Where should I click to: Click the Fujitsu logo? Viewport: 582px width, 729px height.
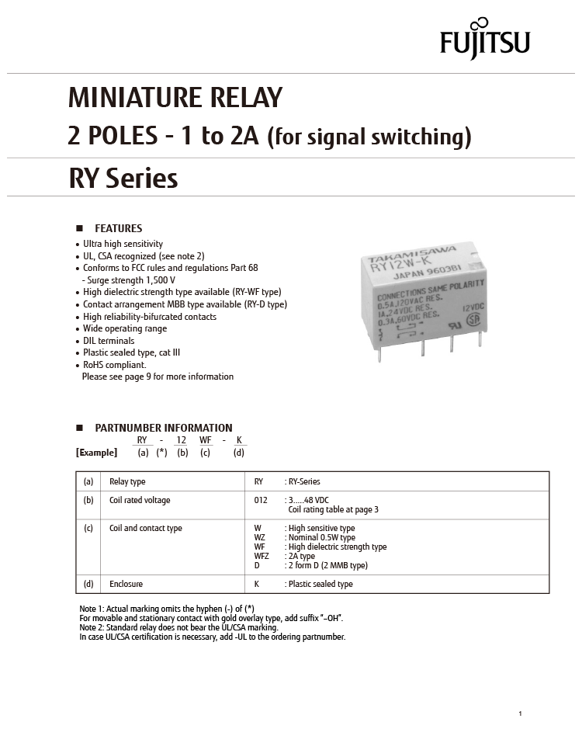tap(484, 39)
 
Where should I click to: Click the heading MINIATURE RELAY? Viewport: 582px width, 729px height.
tap(175, 99)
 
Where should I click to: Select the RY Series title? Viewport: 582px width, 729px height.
tap(123, 179)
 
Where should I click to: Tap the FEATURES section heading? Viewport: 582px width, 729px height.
tap(118, 228)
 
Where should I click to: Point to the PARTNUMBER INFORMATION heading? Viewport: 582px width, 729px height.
tap(163, 428)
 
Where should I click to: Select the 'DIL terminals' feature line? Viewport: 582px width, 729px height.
tap(109, 341)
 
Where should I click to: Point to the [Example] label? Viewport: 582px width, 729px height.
tap(96, 453)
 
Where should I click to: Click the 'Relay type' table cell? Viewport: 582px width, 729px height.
tap(127, 481)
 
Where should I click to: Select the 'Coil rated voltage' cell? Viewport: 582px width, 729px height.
tap(140, 500)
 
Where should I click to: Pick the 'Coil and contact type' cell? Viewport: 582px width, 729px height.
tap(146, 528)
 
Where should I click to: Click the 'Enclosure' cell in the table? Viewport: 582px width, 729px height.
tap(126, 584)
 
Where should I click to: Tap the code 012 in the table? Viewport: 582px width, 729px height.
tap(261, 500)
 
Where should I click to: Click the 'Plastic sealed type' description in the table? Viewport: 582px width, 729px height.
tap(320, 584)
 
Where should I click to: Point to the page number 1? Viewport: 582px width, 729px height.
tap(520, 713)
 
